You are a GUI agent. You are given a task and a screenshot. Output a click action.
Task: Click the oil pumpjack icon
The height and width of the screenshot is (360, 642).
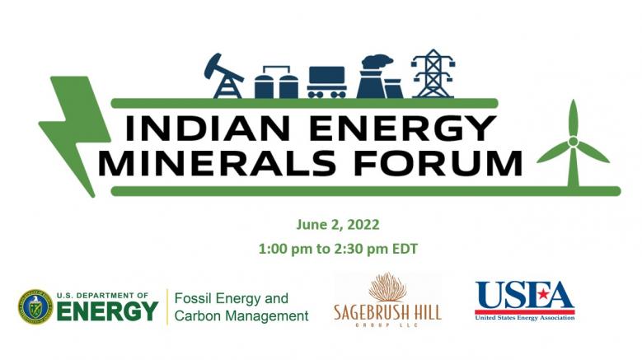click(x=223, y=77)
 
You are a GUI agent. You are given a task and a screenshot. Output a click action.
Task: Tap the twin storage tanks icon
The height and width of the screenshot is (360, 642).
click(x=276, y=82)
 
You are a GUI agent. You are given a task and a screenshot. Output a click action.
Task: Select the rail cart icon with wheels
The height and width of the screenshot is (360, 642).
click(x=326, y=82)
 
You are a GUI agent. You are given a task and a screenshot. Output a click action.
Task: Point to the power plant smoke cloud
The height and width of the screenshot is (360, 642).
click(x=377, y=62)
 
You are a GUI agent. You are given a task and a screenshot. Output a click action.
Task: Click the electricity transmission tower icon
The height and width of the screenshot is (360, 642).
click(x=433, y=73)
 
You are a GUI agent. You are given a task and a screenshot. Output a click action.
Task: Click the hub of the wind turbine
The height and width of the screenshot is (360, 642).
click(x=574, y=142)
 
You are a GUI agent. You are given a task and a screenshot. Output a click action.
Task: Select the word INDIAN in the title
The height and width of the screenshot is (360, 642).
click(x=208, y=128)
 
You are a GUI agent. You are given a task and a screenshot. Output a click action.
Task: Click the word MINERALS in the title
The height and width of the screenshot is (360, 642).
click(x=217, y=163)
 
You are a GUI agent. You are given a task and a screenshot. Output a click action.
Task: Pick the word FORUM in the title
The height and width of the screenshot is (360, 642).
click(x=438, y=163)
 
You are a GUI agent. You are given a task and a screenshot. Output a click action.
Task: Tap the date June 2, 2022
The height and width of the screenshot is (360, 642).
click(x=338, y=225)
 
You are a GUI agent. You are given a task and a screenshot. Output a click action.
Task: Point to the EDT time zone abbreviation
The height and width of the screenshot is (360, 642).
click(x=405, y=249)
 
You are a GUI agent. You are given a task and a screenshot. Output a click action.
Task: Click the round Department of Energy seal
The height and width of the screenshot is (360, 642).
click(x=35, y=306)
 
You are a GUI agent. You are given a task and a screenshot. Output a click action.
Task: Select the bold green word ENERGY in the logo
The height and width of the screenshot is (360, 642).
click(x=107, y=311)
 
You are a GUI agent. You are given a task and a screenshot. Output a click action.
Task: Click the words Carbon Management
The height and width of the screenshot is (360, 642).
click(x=241, y=316)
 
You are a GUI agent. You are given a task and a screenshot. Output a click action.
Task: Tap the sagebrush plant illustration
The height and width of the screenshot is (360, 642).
click(x=387, y=287)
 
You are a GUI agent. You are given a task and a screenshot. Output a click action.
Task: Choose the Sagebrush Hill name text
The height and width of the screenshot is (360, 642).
click(x=387, y=312)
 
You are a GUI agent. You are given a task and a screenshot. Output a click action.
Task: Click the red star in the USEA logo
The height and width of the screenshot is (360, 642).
click(x=543, y=294)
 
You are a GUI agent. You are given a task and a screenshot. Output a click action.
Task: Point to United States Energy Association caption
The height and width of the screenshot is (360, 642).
click(x=525, y=318)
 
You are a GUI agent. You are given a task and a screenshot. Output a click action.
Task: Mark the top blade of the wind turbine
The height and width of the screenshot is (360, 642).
click(x=574, y=118)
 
